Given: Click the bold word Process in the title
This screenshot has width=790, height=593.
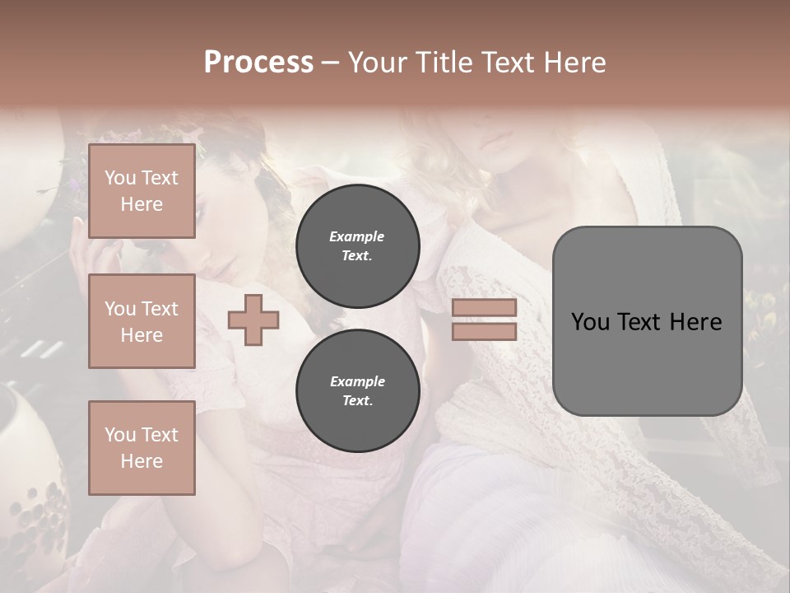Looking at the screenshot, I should [x=258, y=63].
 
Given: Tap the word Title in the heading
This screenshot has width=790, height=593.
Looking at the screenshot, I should [x=441, y=63].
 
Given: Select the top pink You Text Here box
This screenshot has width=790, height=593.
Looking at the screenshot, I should [x=142, y=191].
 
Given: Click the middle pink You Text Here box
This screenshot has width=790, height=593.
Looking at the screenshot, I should [x=142, y=321].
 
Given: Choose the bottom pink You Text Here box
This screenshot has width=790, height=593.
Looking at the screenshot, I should [x=142, y=447].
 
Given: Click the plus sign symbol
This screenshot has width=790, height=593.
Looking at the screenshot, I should [x=253, y=320].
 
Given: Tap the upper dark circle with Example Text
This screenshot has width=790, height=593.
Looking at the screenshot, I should [x=357, y=245].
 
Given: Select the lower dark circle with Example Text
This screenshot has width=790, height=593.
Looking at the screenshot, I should [x=357, y=390].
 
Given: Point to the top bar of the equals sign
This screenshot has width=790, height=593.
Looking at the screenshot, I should [x=484, y=308].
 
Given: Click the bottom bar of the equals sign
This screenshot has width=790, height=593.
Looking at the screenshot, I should [x=484, y=332].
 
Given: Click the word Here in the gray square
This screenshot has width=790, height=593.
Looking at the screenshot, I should [x=695, y=322].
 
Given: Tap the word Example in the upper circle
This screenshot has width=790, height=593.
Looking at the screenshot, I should [x=357, y=236].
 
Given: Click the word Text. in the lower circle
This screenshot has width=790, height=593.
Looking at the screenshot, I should [x=357, y=400].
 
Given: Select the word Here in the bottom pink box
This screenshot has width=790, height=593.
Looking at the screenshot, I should [x=142, y=461].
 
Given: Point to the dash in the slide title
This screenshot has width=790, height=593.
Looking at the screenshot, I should [x=330, y=63].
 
